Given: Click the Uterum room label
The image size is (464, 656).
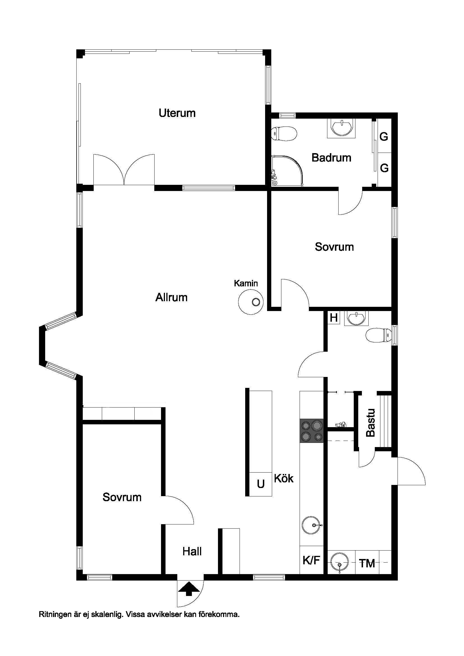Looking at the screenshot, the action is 177,113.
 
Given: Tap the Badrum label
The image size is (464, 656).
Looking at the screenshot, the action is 331,158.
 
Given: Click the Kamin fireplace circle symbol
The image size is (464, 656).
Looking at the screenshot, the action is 251,302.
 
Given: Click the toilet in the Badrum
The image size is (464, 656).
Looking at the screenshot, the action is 284,134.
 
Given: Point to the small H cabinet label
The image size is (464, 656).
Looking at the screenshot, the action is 334,318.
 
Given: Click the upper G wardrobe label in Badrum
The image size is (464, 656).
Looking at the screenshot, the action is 384,137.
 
